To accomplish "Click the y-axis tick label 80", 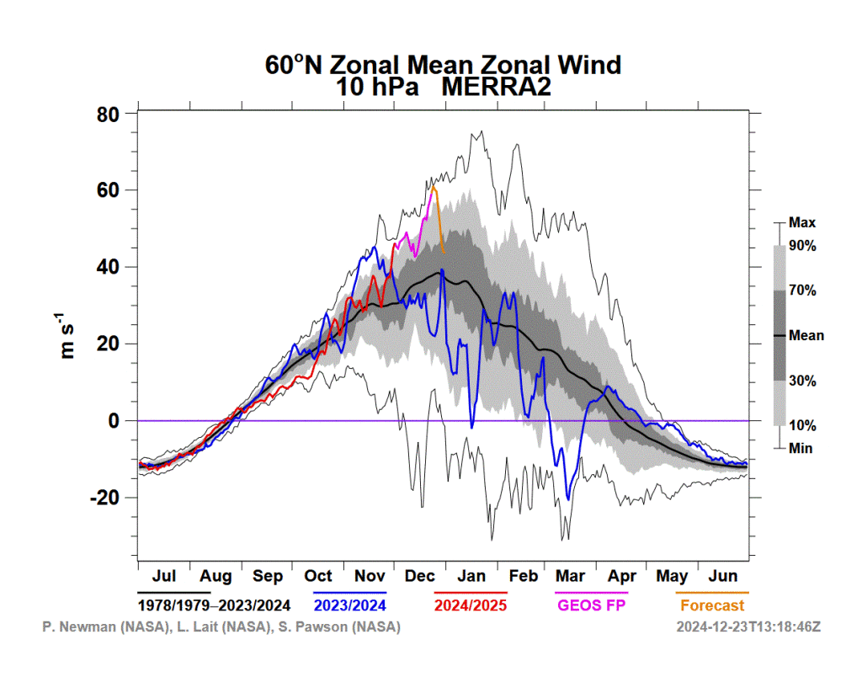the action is [x=108, y=115].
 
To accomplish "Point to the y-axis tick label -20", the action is [x=104, y=498].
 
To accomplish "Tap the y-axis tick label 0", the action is [x=114, y=421].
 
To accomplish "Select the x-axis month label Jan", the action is [x=471, y=576].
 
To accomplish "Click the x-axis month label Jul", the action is [x=164, y=576].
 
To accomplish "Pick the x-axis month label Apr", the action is [x=622, y=577].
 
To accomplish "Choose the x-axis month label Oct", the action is [x=318, y=576].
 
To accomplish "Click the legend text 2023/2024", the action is [x=350, y=605].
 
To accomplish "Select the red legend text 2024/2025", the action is [x=471, y=605].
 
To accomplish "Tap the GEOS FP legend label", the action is [x=592, y=605].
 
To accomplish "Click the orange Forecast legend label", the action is [x=712, y=605].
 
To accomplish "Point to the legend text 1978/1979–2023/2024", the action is [x=214, y=605].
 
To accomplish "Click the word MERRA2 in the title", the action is [x=496, y=87].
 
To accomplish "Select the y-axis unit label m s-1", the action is [x=66, y=336].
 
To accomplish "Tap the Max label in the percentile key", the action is [x=802, y=223].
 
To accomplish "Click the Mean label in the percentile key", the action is [x=806, y=335].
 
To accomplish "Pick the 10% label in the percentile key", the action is [x=802, y=425].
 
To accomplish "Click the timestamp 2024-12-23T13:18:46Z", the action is [x=748, y=627].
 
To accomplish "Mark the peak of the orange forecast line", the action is [x=434, y=187].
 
